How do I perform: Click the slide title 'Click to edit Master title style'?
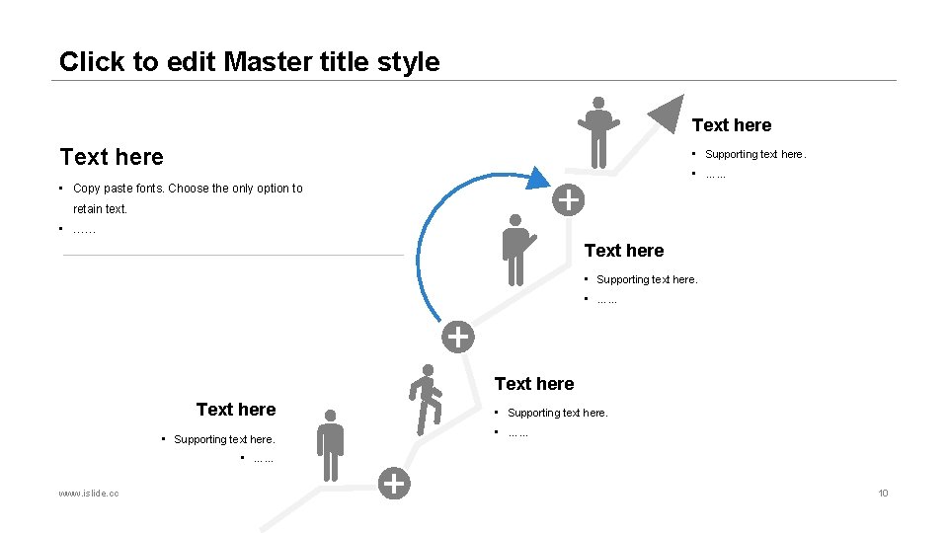(249, 61)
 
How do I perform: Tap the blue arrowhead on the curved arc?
(537, 178)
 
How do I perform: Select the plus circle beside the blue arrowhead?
(567, 199)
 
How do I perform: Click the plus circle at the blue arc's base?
(456, 337)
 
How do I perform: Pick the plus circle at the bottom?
(394, 484)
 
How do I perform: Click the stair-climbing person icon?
(426, 398)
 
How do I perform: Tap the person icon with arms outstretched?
(597, 131)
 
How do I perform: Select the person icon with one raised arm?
(515, 249)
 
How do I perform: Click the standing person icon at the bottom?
(330, 445)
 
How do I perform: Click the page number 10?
(883, 493)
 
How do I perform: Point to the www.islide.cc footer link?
(89, 493)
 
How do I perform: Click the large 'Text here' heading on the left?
(112, 157)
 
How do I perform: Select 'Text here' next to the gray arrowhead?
(731, 125)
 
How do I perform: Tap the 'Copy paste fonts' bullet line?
(188, 189)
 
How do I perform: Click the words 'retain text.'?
(100, 209)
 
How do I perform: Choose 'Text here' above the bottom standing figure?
(236, 410)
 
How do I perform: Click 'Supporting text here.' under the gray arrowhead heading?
(755, 154)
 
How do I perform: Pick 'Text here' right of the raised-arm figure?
(624, 251)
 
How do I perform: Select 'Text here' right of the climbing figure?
(533, 384)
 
